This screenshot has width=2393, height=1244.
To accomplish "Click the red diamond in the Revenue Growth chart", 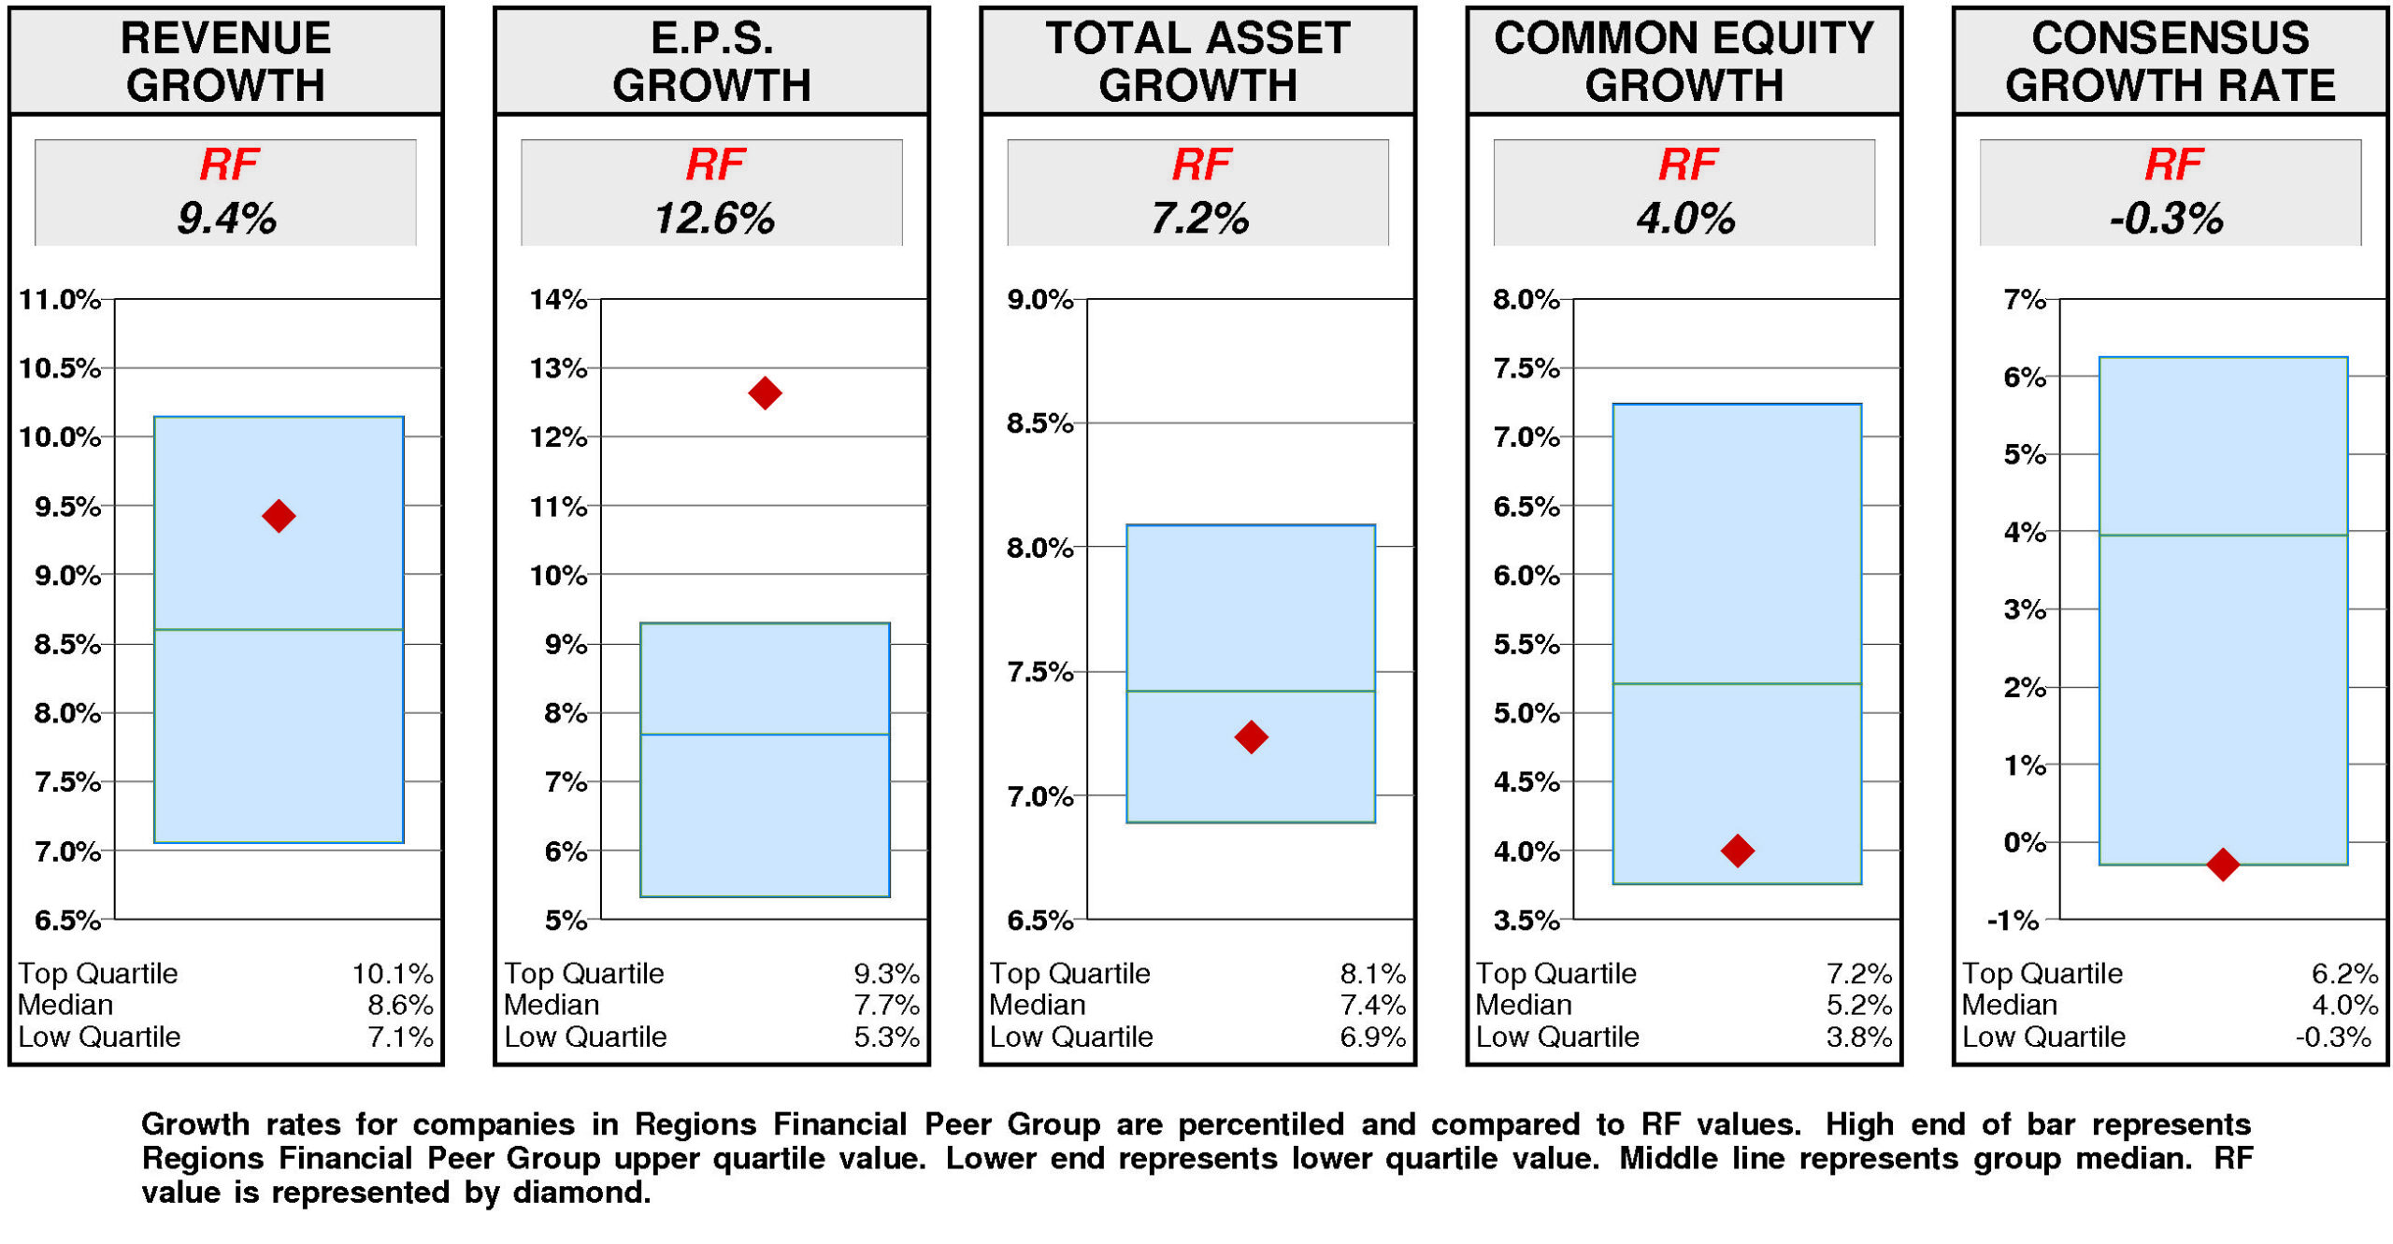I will [x=279, y=515].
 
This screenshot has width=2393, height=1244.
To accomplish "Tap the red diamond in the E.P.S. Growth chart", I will [x=765, y=393].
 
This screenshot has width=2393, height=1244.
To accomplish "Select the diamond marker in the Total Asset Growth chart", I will [x=1251, y=736].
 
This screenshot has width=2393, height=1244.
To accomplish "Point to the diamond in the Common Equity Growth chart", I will [x=1737, y=851].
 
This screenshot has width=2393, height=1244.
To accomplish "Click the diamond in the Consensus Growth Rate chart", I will [x=2222, y=864].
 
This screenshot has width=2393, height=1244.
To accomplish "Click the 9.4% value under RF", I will [x=226, y=219].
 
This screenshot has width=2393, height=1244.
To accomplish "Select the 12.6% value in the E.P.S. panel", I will [x=713, y=219].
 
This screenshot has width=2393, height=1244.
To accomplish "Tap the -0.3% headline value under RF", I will [x=2166, y=219].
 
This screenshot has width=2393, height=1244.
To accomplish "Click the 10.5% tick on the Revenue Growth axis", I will [x=59, y=368].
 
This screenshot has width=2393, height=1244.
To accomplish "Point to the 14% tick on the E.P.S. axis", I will [x=558, y=299].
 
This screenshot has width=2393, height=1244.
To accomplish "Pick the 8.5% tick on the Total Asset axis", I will [x=1039, y=423].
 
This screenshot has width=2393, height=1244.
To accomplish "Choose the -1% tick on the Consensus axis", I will [x=2013, y=921].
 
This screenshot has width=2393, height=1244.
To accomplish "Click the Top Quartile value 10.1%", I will [x=393, y=974].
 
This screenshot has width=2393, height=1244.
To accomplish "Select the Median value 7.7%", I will [x=886, y=1006].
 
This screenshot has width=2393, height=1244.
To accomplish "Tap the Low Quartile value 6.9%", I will [x=1372, y=1037].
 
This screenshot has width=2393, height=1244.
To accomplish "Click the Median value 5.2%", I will [x=1858, y=1006].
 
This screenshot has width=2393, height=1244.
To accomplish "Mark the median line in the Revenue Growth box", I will [x=279, y=629].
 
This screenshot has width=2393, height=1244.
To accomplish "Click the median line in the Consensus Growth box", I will [x=2222, y=535].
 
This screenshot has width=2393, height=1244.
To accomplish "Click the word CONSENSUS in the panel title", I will [x=2170, y=38].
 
